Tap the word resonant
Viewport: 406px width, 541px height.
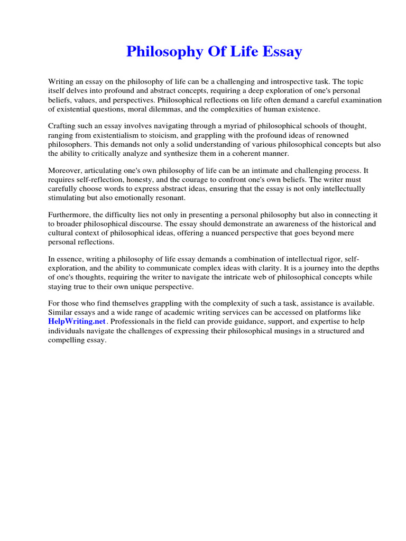tap(170, 198)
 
